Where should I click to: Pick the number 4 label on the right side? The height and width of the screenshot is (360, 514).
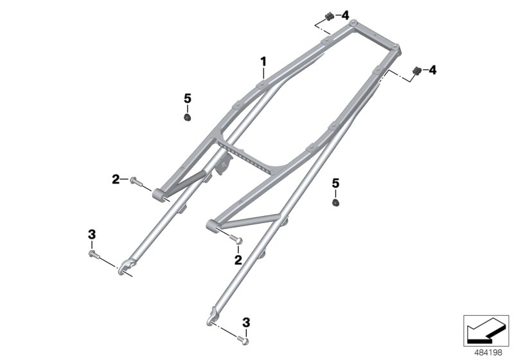click(432, 69)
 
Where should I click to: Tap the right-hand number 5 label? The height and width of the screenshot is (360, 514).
click(335, 184)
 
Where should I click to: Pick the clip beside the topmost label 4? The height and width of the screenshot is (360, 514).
click(329, 15)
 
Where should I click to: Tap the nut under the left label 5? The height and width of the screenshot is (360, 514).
click(188, 118)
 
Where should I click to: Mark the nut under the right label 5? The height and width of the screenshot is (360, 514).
click(335, 203)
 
